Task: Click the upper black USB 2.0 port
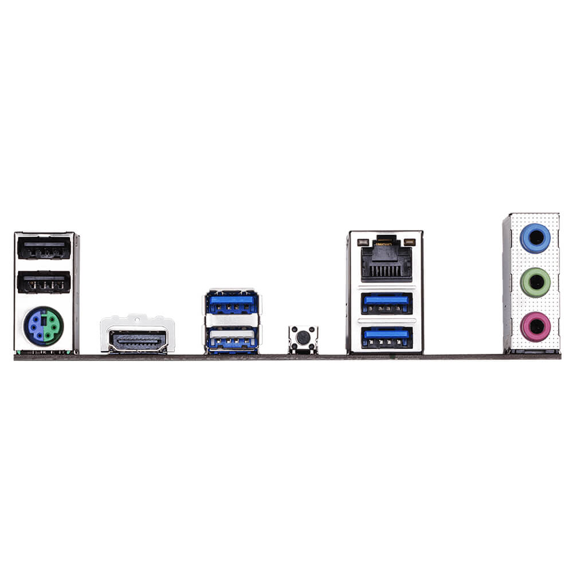tap(44, 249)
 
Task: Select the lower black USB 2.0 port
tap(44, 282)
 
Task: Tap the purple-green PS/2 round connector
tap(44, 326)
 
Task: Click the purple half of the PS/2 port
tap(35, 326)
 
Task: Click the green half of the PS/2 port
tap(52, 326)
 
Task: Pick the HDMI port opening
tap(138, 340)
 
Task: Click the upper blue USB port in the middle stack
tap(231, 304)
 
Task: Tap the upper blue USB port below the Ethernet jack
tap(386, 302)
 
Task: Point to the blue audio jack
tap(535, 238)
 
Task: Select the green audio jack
tap(535, 282)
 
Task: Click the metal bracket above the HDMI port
tap(138, 321)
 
